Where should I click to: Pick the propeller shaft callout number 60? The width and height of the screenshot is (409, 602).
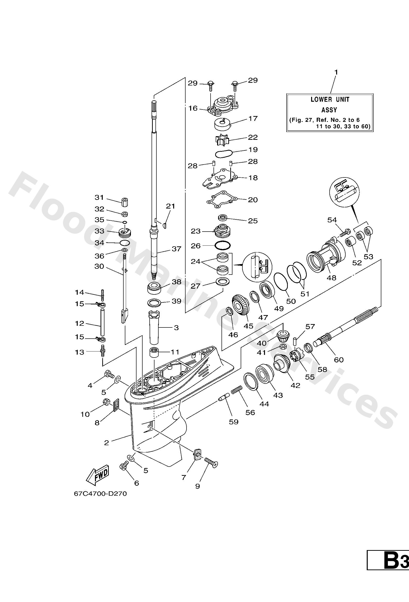pyautogui.click(x=339, y=360)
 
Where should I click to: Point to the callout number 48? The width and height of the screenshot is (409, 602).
pyautogui.click(x=332, y=278)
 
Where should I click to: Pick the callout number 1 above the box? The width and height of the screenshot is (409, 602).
pyautogui.click(x=336, y=73)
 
